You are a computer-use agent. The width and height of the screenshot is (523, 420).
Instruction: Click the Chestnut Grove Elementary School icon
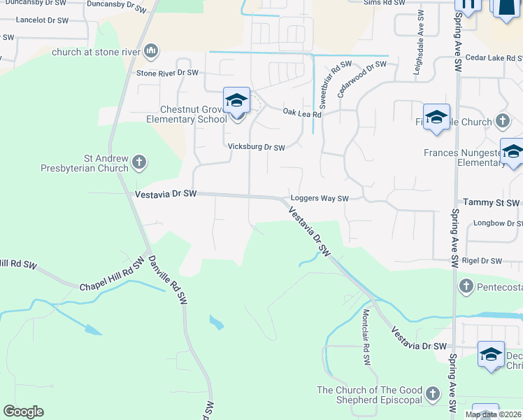coord(236,101)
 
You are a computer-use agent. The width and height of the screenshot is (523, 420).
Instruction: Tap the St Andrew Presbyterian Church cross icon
coord(138,162)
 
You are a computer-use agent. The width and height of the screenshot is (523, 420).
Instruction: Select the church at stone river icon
coord(152,51)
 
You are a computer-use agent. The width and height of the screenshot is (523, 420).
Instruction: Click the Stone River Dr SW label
coord(168,73)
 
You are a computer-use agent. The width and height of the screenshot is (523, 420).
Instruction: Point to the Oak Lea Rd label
coord(301,113)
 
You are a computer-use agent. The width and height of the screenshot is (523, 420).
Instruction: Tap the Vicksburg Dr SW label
coord(257,148)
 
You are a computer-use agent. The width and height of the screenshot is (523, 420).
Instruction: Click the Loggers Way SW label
coord(319,199)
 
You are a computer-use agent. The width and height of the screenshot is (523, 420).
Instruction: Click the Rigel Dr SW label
coord(482,261)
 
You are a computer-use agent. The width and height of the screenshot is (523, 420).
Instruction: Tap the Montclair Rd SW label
coord(366,338)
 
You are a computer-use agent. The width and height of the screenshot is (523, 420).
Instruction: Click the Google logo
coord(23,412)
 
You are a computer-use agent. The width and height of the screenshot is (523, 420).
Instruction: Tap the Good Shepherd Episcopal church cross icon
coord(434,394)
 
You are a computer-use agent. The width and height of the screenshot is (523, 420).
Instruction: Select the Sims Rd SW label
coord(385,3)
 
